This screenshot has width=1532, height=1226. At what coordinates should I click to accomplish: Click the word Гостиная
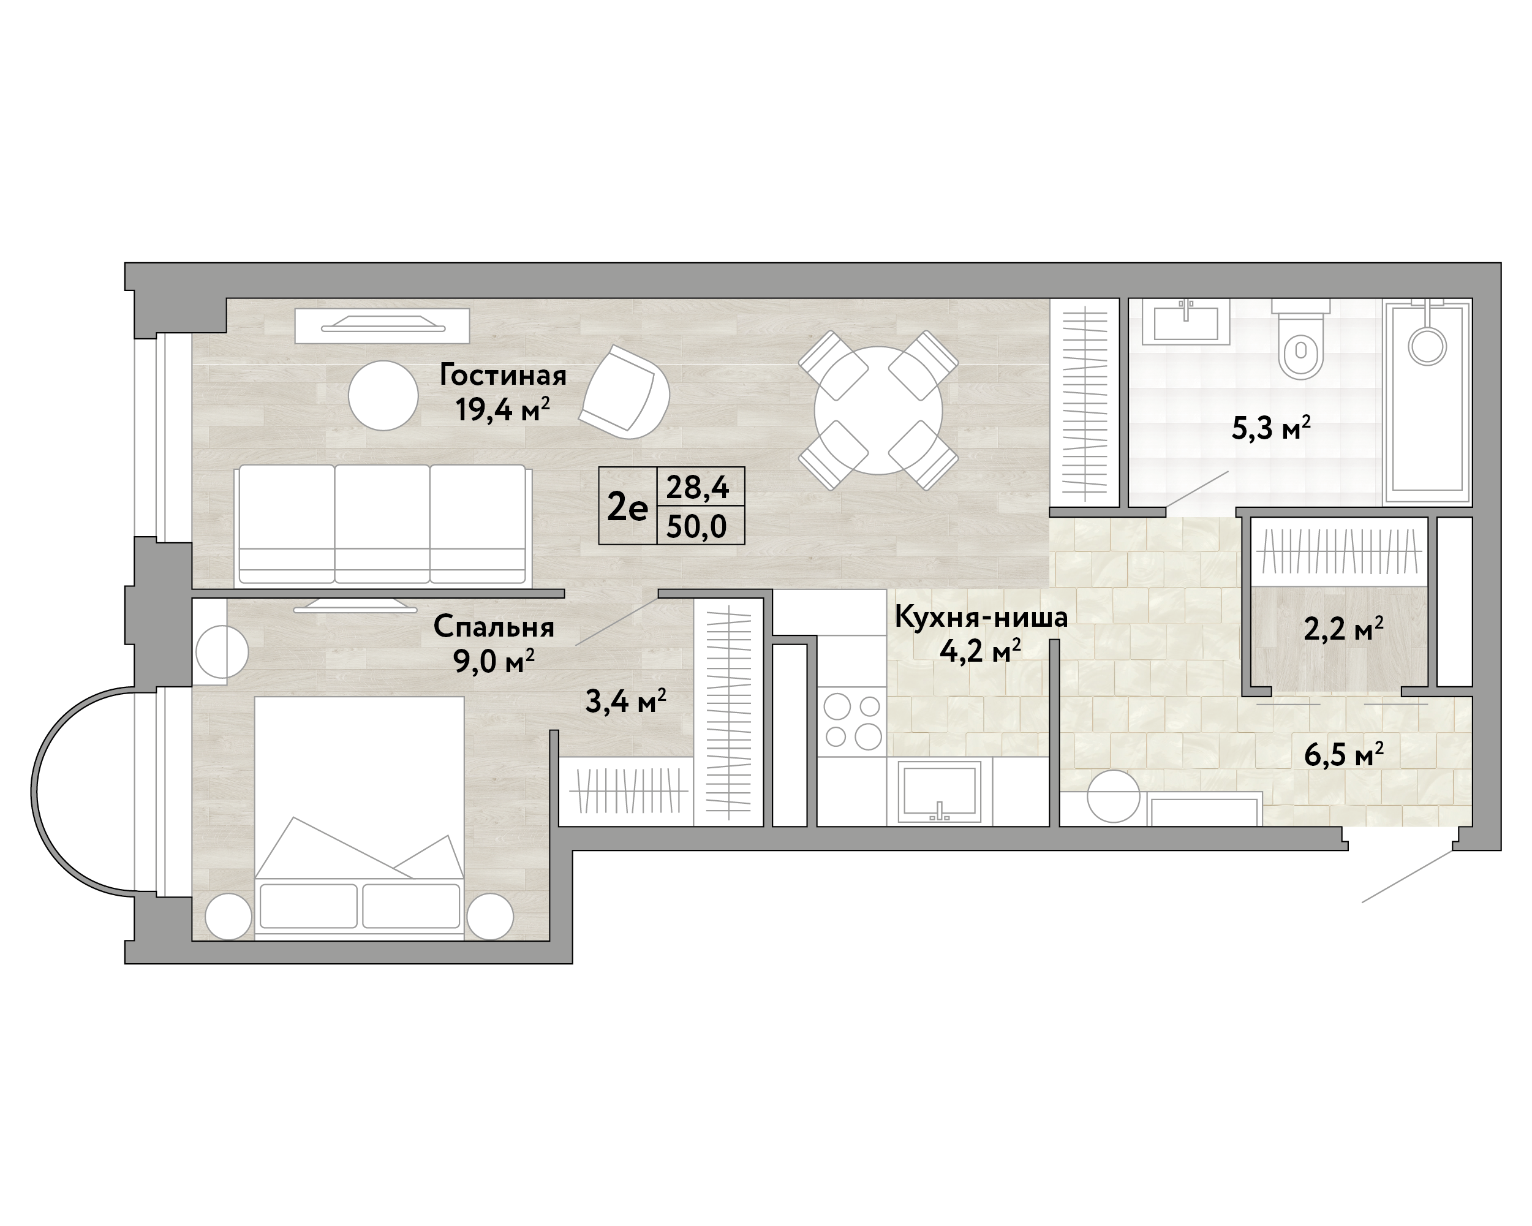pyautogui.click(x=502, y=375)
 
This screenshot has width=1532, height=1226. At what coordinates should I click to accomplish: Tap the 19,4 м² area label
pyautogui.click(x=502, y=410)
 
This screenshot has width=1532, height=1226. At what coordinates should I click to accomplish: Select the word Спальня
pyautogui.click(x=494, y=627)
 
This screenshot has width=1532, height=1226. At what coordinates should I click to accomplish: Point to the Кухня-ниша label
pyautogui.click(x=981, y=617)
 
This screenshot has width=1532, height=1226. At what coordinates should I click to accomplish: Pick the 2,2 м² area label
pyautogui.click(x=1343, y=629)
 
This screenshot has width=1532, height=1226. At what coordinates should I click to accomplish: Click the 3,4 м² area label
pyautogui.click(x=625, y=702)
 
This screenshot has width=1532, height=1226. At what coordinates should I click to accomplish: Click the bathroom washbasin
pyautogui.click(x=1186, y=323)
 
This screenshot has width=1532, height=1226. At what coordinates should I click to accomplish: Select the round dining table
pyautogui.click(x=878, y=410)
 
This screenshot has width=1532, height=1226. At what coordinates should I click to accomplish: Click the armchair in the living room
pyautogui.click(x=625, y=392)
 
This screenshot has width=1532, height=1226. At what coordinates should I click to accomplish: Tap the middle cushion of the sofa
pyautogui.click(x=382, y=524)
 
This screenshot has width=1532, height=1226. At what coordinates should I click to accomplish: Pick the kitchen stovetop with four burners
pyautogui.click(x=851, y=721)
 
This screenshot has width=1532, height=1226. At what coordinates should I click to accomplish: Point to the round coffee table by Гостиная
pyautogui.click(x=383, y=396)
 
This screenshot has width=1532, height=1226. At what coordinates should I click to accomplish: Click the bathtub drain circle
pyautogui.click(x=1427, y=346)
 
